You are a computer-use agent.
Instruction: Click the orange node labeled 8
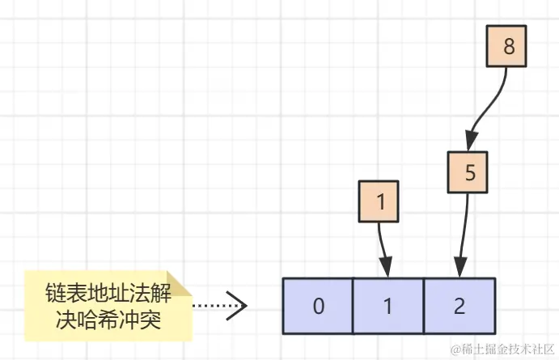508,46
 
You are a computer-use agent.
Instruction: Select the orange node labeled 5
470,172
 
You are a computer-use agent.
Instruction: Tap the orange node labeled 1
378,201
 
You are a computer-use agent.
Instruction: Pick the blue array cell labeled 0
319,307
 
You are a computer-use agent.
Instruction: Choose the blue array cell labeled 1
388,307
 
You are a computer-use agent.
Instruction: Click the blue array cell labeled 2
459,307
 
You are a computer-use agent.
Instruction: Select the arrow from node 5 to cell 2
464,227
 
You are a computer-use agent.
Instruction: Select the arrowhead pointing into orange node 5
470,142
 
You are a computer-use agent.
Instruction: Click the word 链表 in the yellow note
66,290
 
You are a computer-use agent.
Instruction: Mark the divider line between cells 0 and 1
354,307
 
